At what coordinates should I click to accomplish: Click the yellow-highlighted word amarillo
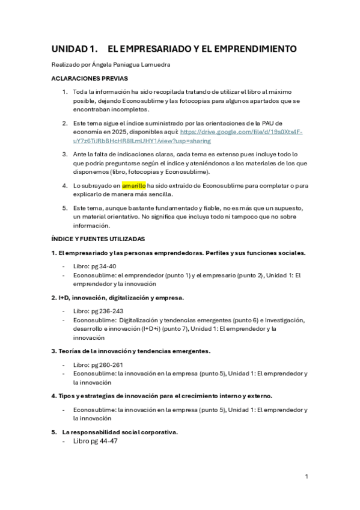(x=133, y=186)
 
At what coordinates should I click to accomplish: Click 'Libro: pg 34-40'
(x=94, y=266)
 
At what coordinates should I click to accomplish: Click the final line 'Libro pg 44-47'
(x=96, y=441)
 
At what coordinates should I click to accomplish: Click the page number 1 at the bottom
(x=307, y=477)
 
